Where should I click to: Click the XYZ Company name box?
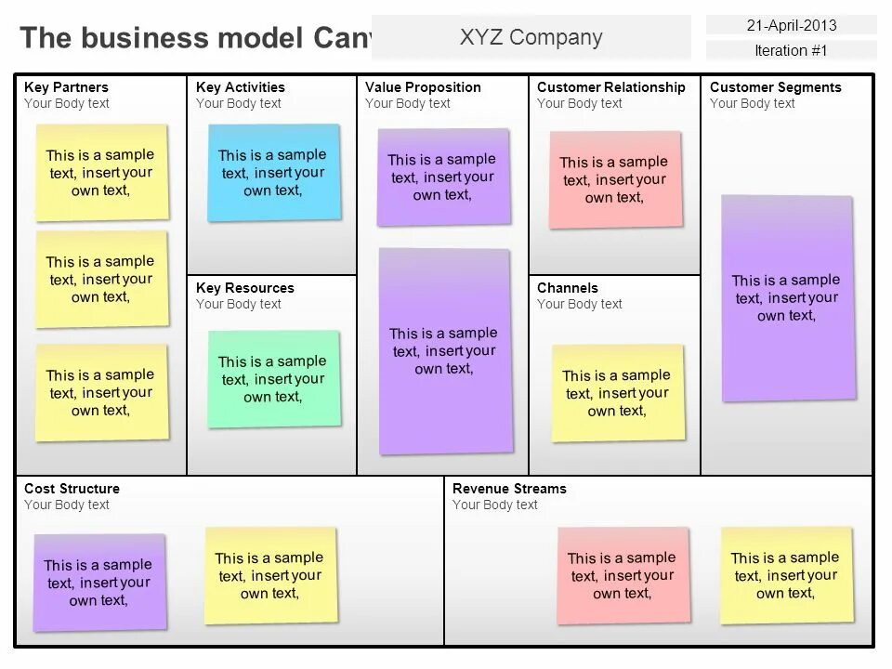pyautogui.click(x=531, y=37)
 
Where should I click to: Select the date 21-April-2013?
pyautogui.click(x=791, y=25)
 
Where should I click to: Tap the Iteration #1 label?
pyautogui.click(x=791, y=50)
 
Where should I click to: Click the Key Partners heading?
pyautogui.click(x=66, y=87)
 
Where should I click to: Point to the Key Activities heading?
pyautogui.click(x=241, y=87)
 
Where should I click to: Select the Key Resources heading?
pyautogui.click(x=244, y=288)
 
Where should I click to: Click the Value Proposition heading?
pyautogui.click(x=423, y=87)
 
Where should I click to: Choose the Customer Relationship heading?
pyautogui.click(x=610, y=87)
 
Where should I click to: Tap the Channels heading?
pyautogui.click(x=567, y=288)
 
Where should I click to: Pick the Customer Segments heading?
pyautogui.click(x=775, y=87)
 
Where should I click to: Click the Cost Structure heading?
pyautogui.click(x=72, y=489)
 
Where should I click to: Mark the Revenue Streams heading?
pyautogui.click(x=508, y=489)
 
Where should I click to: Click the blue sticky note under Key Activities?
pyautogui.click(x=273, y=173)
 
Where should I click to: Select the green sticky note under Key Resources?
pyautogui.click(x=273, y=379)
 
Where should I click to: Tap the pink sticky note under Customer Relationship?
pyautogui.click(x=615, y=179)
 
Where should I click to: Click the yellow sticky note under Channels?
pyautogui.click(x=618, y=393)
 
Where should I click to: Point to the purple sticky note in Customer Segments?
pyautogui.click(x=787, y=298)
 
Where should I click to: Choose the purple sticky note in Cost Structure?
pyautogui.click(x=98, y=583)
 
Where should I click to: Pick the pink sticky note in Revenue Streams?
pyautogui.click(x=623, y=576)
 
